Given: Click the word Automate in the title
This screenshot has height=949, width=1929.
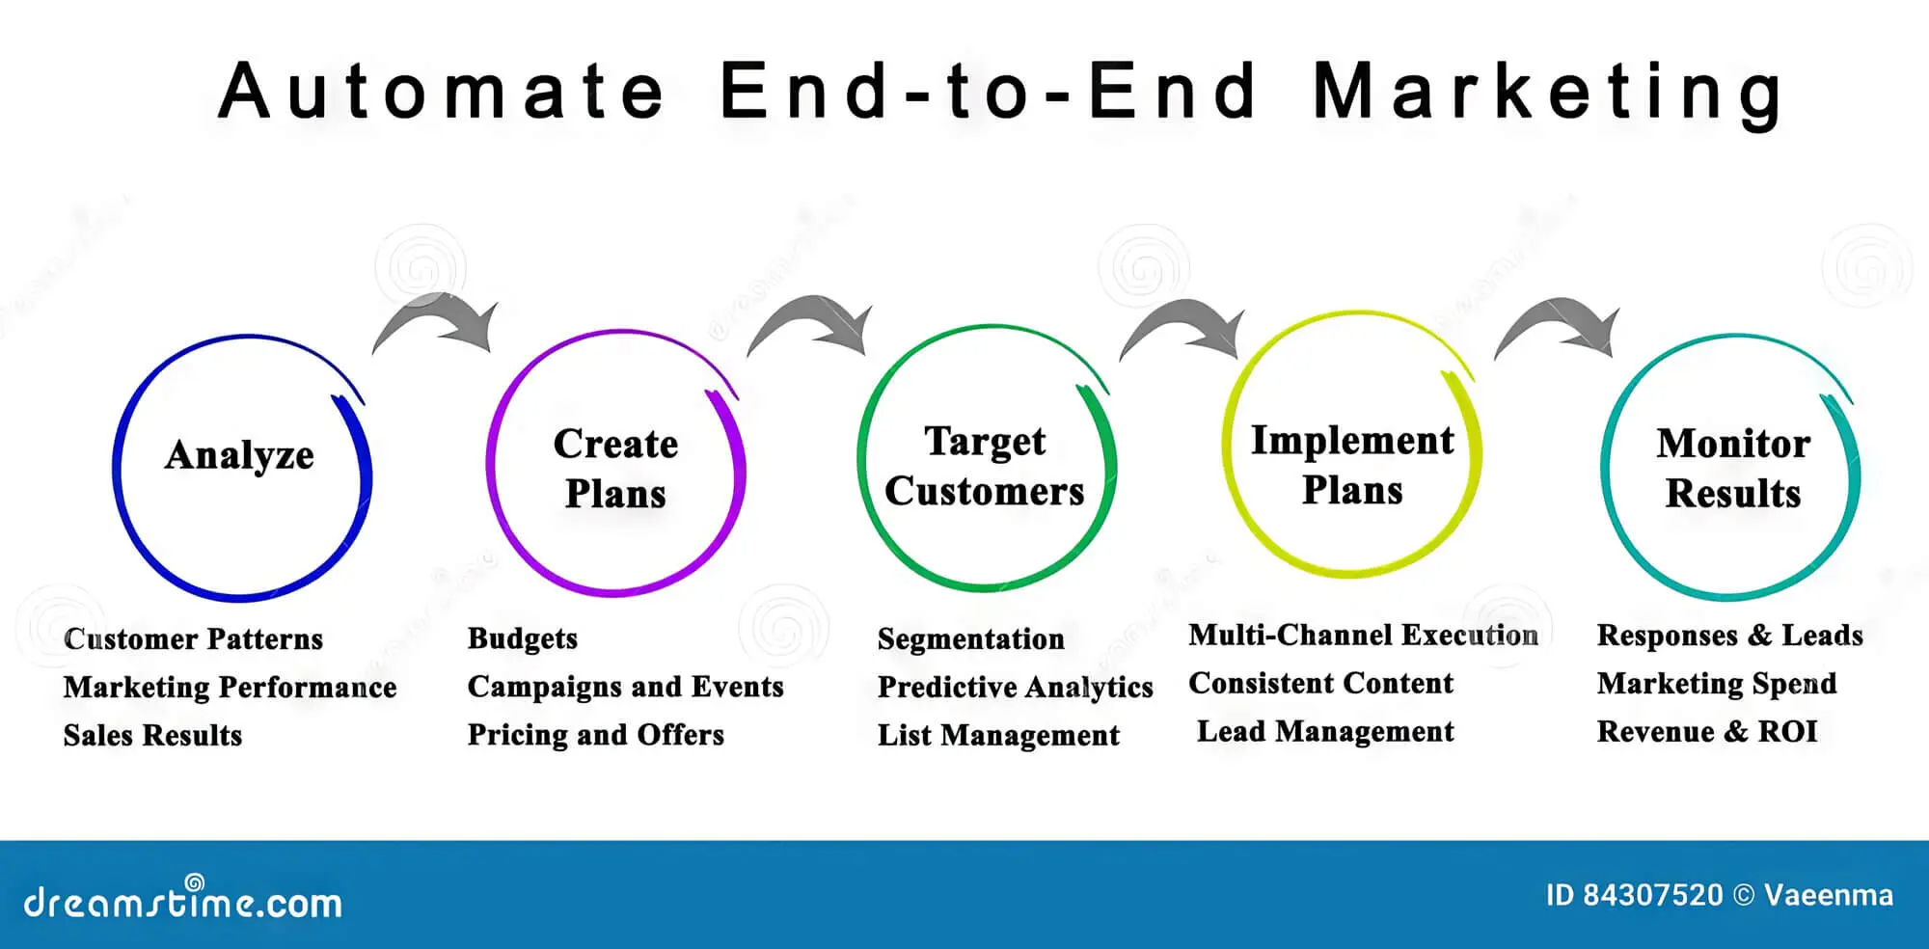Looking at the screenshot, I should (x=441, y=92).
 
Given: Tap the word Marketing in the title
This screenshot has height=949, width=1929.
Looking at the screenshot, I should (x=1548, y=92).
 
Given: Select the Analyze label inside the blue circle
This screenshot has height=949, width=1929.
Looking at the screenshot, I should (x=239, y=455).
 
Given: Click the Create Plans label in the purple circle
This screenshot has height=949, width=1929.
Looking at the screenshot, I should (x=615, y=469).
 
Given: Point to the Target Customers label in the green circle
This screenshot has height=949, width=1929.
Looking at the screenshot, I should (x=985, y=467).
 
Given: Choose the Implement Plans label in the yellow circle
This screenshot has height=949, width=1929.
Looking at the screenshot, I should (x=1352, y=465).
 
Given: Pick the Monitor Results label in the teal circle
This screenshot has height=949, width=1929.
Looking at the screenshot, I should (x=1732, y=469).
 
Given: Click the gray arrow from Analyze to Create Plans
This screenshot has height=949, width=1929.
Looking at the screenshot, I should (x=439, y=323).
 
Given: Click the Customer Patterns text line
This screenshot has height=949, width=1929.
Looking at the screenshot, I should (x=193, y=638).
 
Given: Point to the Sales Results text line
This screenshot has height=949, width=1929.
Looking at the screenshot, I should (x=152, y=735).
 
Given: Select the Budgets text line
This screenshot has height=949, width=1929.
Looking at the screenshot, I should (x=523, y=638).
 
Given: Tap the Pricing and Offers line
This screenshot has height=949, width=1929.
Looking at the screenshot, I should (x=595, y=735).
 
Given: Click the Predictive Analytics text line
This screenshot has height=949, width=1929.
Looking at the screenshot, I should (x=1015, y=687).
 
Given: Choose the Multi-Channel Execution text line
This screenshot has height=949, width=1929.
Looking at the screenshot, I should (x=1363, y=635).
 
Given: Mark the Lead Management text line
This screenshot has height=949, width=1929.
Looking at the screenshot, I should (x=1325, y=732).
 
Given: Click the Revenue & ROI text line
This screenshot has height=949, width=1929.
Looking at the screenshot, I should (x=1707, y=732).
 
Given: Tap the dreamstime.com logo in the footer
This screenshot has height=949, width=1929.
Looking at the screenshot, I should (x=183, y=901).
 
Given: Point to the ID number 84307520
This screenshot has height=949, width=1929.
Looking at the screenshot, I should (x=1651, y=895).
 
